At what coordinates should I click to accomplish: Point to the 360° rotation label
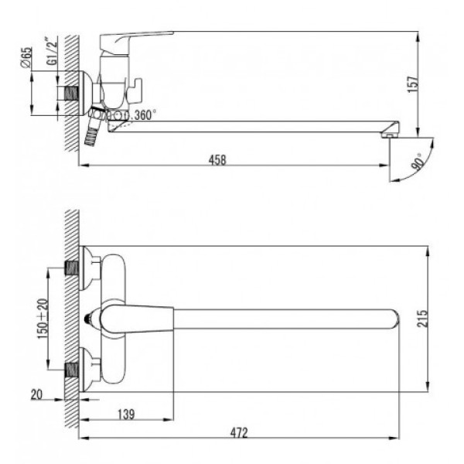click(x=143, y=115)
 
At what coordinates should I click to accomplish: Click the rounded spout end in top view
click(x=392, y=319)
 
